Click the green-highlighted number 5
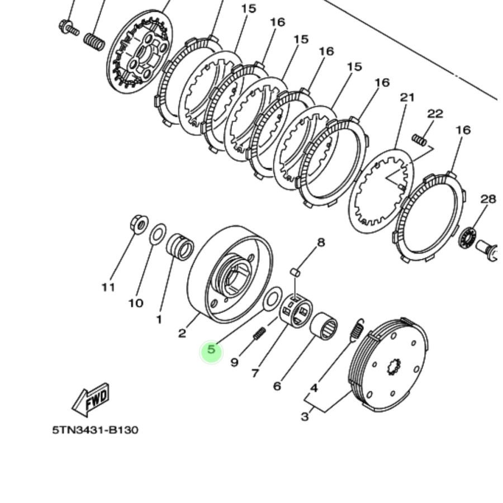[211, 350]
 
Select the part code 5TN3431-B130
[95, 430]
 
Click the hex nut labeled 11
[138, 224]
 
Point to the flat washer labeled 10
[158, 234]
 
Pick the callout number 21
[407, 97]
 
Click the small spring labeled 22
[419, 140]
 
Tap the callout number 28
[488, 199]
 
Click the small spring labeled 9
[259, 334]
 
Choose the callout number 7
[255, 373]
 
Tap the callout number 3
[305, 416]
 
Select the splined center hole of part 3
[395, 367]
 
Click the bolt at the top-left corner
[68, 26]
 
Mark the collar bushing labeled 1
[180, 246]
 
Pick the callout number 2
[182, 334]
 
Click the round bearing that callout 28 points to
[467, 238]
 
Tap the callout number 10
[135, 303]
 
